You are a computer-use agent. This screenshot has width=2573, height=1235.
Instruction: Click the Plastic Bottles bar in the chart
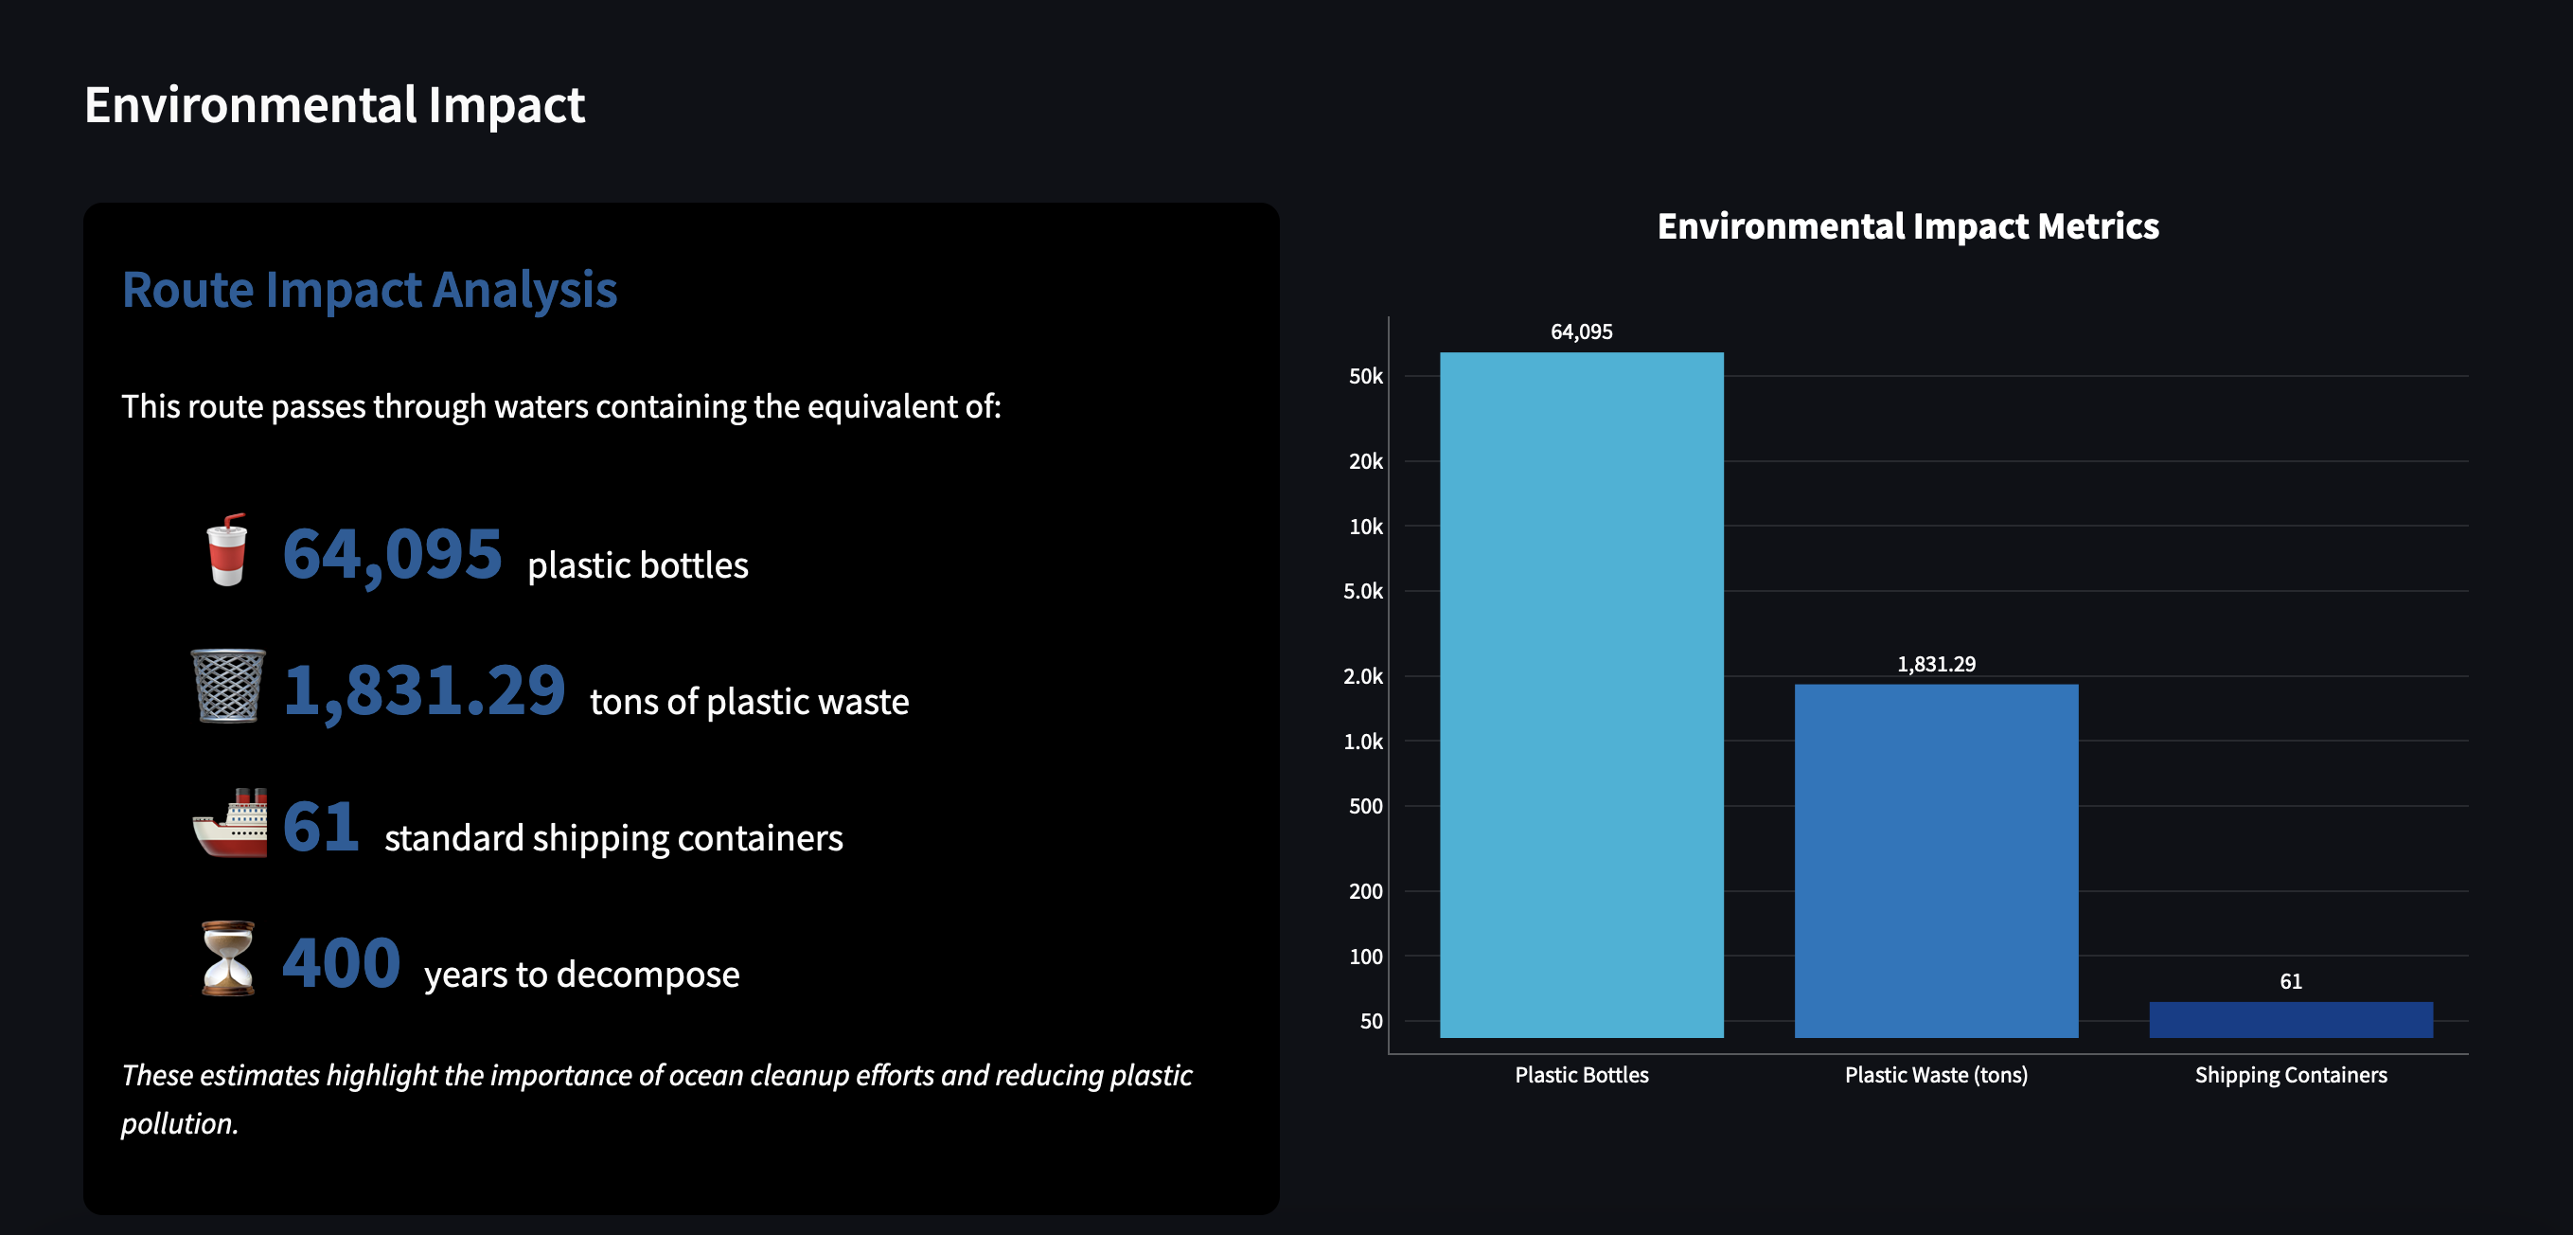[x=1581, y=694]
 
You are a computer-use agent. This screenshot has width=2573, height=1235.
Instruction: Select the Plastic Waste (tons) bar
[x=1936, y=860]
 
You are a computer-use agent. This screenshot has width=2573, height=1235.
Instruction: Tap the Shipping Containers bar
[x=2290, y=1019]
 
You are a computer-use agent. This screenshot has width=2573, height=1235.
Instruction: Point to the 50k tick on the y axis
[x=1365, y=377]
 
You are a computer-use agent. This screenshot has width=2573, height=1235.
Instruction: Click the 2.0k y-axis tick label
[x=1363, y=676]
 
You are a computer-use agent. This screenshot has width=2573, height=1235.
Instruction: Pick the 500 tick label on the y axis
[x=1365, y=806]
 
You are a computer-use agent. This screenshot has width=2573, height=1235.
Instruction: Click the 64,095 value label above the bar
[x=1581, y=331]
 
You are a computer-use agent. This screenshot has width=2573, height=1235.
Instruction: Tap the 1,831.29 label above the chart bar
[x=1936, y=665]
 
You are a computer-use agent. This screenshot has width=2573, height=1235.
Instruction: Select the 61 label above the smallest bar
[x=2290, y=981]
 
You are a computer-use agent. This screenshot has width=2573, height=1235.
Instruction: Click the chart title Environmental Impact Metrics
[x=1908, y=225]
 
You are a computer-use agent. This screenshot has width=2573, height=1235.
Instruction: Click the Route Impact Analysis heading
[x=369, y=290]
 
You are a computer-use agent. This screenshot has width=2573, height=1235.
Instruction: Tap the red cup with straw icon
[x=227, y=549]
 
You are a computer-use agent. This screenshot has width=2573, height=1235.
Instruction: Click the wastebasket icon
[x=229, y=686]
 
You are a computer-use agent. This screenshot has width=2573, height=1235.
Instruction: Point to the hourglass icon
[x=229, y=958]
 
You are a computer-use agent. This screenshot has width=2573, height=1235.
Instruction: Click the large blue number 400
[x=342, y=962]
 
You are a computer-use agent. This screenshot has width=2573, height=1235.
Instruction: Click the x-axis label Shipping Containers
[x=2290, y=1075]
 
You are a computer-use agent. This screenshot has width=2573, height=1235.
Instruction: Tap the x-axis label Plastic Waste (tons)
[x=1936, y=1075]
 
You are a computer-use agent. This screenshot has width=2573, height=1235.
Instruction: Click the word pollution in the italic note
[x=178, y=1124]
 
